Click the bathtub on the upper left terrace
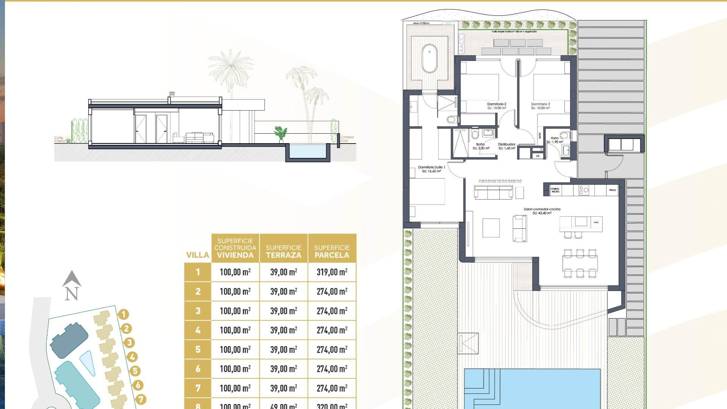[429, 59]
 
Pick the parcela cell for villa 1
[332, 272]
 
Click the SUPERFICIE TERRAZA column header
[284, 251]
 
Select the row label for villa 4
[198, 330]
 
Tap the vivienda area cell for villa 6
[235, 369]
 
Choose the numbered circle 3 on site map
[129, 343]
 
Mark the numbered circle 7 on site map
[140, 399]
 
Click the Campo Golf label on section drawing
[347, 139]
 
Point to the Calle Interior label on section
[59, 139]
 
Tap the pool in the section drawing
[307, 151]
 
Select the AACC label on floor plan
[461, 44]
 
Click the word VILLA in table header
[198, 255]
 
